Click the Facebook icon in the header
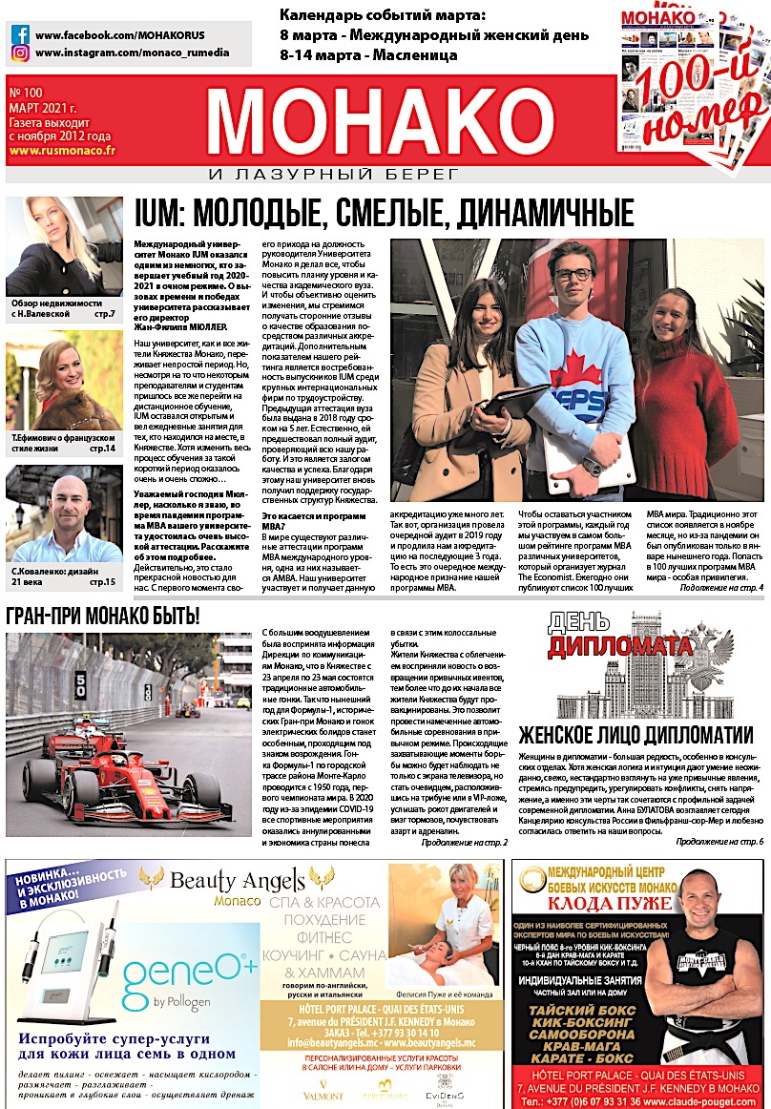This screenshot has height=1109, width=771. (x=19, y=34)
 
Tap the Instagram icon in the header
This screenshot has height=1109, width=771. (x=19, y=53)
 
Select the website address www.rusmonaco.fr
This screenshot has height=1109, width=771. (x=62, y=151)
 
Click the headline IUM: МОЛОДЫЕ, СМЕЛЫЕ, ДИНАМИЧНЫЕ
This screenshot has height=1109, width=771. (x=384, y=212)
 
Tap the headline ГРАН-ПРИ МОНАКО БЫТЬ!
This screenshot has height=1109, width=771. (x=103, y=616)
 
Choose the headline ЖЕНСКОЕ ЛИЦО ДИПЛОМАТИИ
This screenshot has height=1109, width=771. (x=636, y=734)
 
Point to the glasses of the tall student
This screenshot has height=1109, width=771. (x=573, y=275)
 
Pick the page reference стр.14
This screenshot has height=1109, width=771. (x=102, y=447)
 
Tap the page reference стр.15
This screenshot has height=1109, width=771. (x=102, y=581)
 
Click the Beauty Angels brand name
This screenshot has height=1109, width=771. (x=238, y=878)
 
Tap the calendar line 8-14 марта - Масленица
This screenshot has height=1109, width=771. (x=368, y=54)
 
